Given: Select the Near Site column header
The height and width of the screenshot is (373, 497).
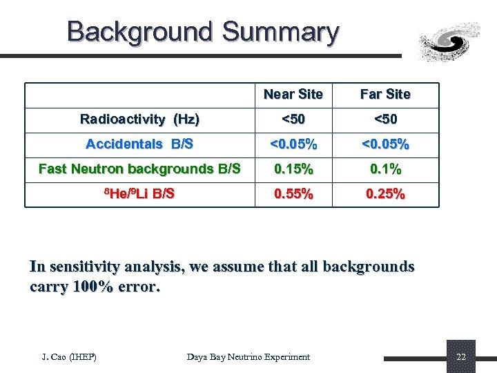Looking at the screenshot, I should pos(293,94).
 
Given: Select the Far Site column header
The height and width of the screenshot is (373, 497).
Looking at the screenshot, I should pos(385,94).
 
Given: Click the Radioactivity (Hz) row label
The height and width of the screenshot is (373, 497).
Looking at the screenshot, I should pos(139,119).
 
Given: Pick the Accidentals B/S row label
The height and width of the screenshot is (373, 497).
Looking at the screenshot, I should pos(139,144).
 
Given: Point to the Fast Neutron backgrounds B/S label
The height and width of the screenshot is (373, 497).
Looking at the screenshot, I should pos(139,169).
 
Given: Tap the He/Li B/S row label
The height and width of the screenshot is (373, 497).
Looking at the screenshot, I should pos(139,193).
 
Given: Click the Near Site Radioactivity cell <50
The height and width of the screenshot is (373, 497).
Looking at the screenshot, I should pos(293,119).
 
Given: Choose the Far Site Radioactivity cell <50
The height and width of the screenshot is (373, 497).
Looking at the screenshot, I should pos(385,119).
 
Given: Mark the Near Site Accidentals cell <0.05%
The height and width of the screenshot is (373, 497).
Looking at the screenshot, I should pos(293,144).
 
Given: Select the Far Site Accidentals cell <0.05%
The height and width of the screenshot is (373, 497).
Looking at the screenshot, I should pos(385,144).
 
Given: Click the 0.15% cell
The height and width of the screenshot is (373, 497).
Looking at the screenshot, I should pos(293,169).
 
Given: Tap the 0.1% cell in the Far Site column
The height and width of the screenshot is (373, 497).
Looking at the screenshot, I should pos(385,169).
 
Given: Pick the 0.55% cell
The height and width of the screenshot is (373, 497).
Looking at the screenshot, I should pos(293,193).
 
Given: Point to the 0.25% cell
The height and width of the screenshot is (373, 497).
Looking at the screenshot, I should pos(385,193).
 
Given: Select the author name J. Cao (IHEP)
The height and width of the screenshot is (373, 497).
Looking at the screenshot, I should pos(69,356).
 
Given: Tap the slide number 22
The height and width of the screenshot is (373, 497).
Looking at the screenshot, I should pos(461,357).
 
